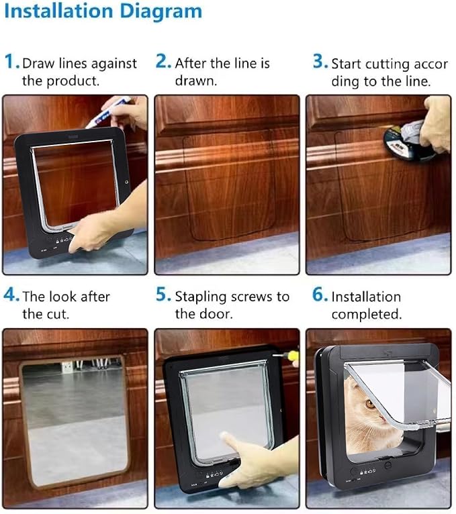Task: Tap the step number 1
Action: pos(11,62)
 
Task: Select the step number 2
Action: pos(163,62)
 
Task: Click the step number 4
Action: pos(11,295)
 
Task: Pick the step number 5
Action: pos(163,295)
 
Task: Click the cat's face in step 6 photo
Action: pos(366,406)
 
